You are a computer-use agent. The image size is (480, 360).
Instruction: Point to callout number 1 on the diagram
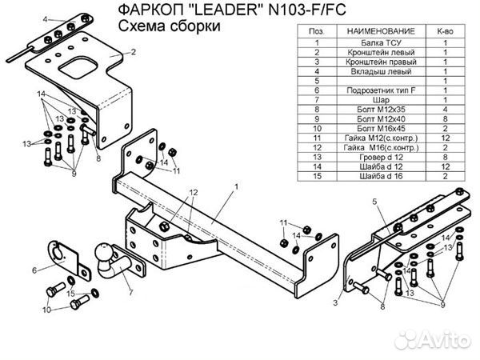tap(237, 186)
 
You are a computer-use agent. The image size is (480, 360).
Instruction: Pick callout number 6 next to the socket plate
tap(34, 270)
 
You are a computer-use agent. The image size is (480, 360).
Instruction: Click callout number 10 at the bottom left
tap(46, 309)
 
